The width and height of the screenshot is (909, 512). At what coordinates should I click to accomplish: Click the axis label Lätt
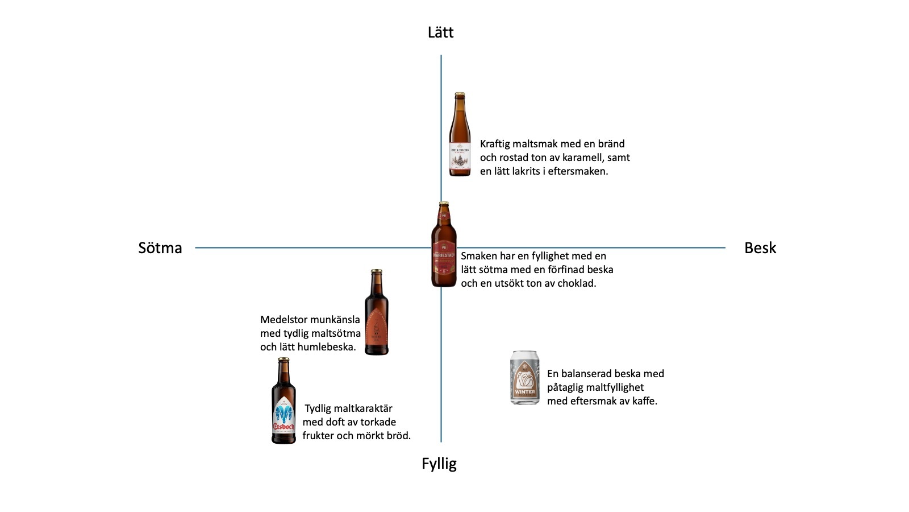point(440,32)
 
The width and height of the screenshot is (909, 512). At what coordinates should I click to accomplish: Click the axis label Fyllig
point(439,464)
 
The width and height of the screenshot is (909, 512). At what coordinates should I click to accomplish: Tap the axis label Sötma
point(160,248)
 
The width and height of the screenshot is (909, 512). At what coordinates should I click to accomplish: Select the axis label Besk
point(760,248)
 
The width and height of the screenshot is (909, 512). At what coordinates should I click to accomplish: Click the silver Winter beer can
point(524,378)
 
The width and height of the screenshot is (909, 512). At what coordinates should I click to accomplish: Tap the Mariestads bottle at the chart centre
point(444,245)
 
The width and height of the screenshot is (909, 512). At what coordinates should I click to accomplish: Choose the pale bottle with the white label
point(460,135)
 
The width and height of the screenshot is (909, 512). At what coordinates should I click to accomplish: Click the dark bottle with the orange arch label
point(376,313)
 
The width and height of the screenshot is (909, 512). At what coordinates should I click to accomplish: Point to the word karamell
point(588,158)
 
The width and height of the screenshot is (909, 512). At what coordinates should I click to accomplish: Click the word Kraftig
point(498,144)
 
